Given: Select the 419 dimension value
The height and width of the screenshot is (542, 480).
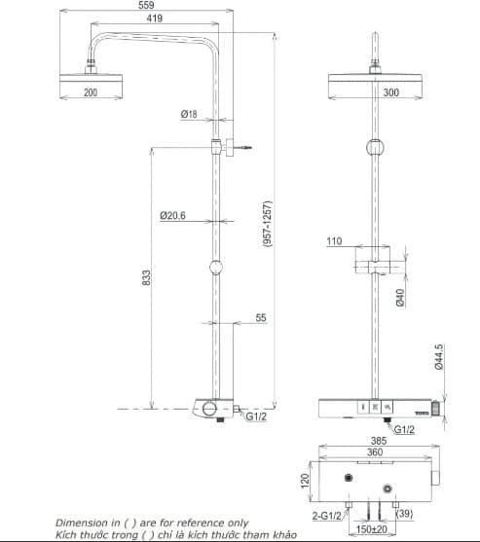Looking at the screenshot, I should [155, 18].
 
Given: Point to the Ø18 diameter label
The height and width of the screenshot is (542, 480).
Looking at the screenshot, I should [189, 115].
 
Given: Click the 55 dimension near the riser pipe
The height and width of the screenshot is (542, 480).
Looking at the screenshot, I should [260, 318].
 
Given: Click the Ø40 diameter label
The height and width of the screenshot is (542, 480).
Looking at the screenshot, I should [400, 297].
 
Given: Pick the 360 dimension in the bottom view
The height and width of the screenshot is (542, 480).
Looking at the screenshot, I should [375, 452].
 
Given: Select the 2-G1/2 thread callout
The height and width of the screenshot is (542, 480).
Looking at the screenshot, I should [327, 516].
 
